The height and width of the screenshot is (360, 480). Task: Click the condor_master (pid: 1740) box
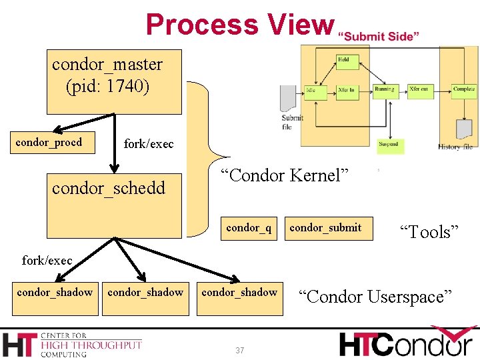click(114, 81)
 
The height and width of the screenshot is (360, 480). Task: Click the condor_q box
click(249, 227)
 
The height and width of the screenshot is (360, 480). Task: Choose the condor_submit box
click(325, 227)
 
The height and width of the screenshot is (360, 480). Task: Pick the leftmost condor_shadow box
click(55, 292)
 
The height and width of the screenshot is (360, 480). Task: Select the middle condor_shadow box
click(145, 292)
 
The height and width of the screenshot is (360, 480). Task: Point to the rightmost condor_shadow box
click(239, 292)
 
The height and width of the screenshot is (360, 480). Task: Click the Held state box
click(343, 60)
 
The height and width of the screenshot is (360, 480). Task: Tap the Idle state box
click(311, 89)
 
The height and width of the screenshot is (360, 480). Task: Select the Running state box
click(384, 89)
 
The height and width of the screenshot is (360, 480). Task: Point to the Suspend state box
click(388, 143)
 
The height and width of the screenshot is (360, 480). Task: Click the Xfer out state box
click(419, 89)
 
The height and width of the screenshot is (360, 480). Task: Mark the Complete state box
click(463, 89)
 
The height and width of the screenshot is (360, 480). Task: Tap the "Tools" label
click(429, 231)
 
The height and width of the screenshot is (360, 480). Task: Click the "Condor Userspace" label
click(375, 296)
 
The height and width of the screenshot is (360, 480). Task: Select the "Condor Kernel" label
click(285, 176)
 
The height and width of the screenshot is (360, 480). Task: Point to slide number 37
click(240, 351)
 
